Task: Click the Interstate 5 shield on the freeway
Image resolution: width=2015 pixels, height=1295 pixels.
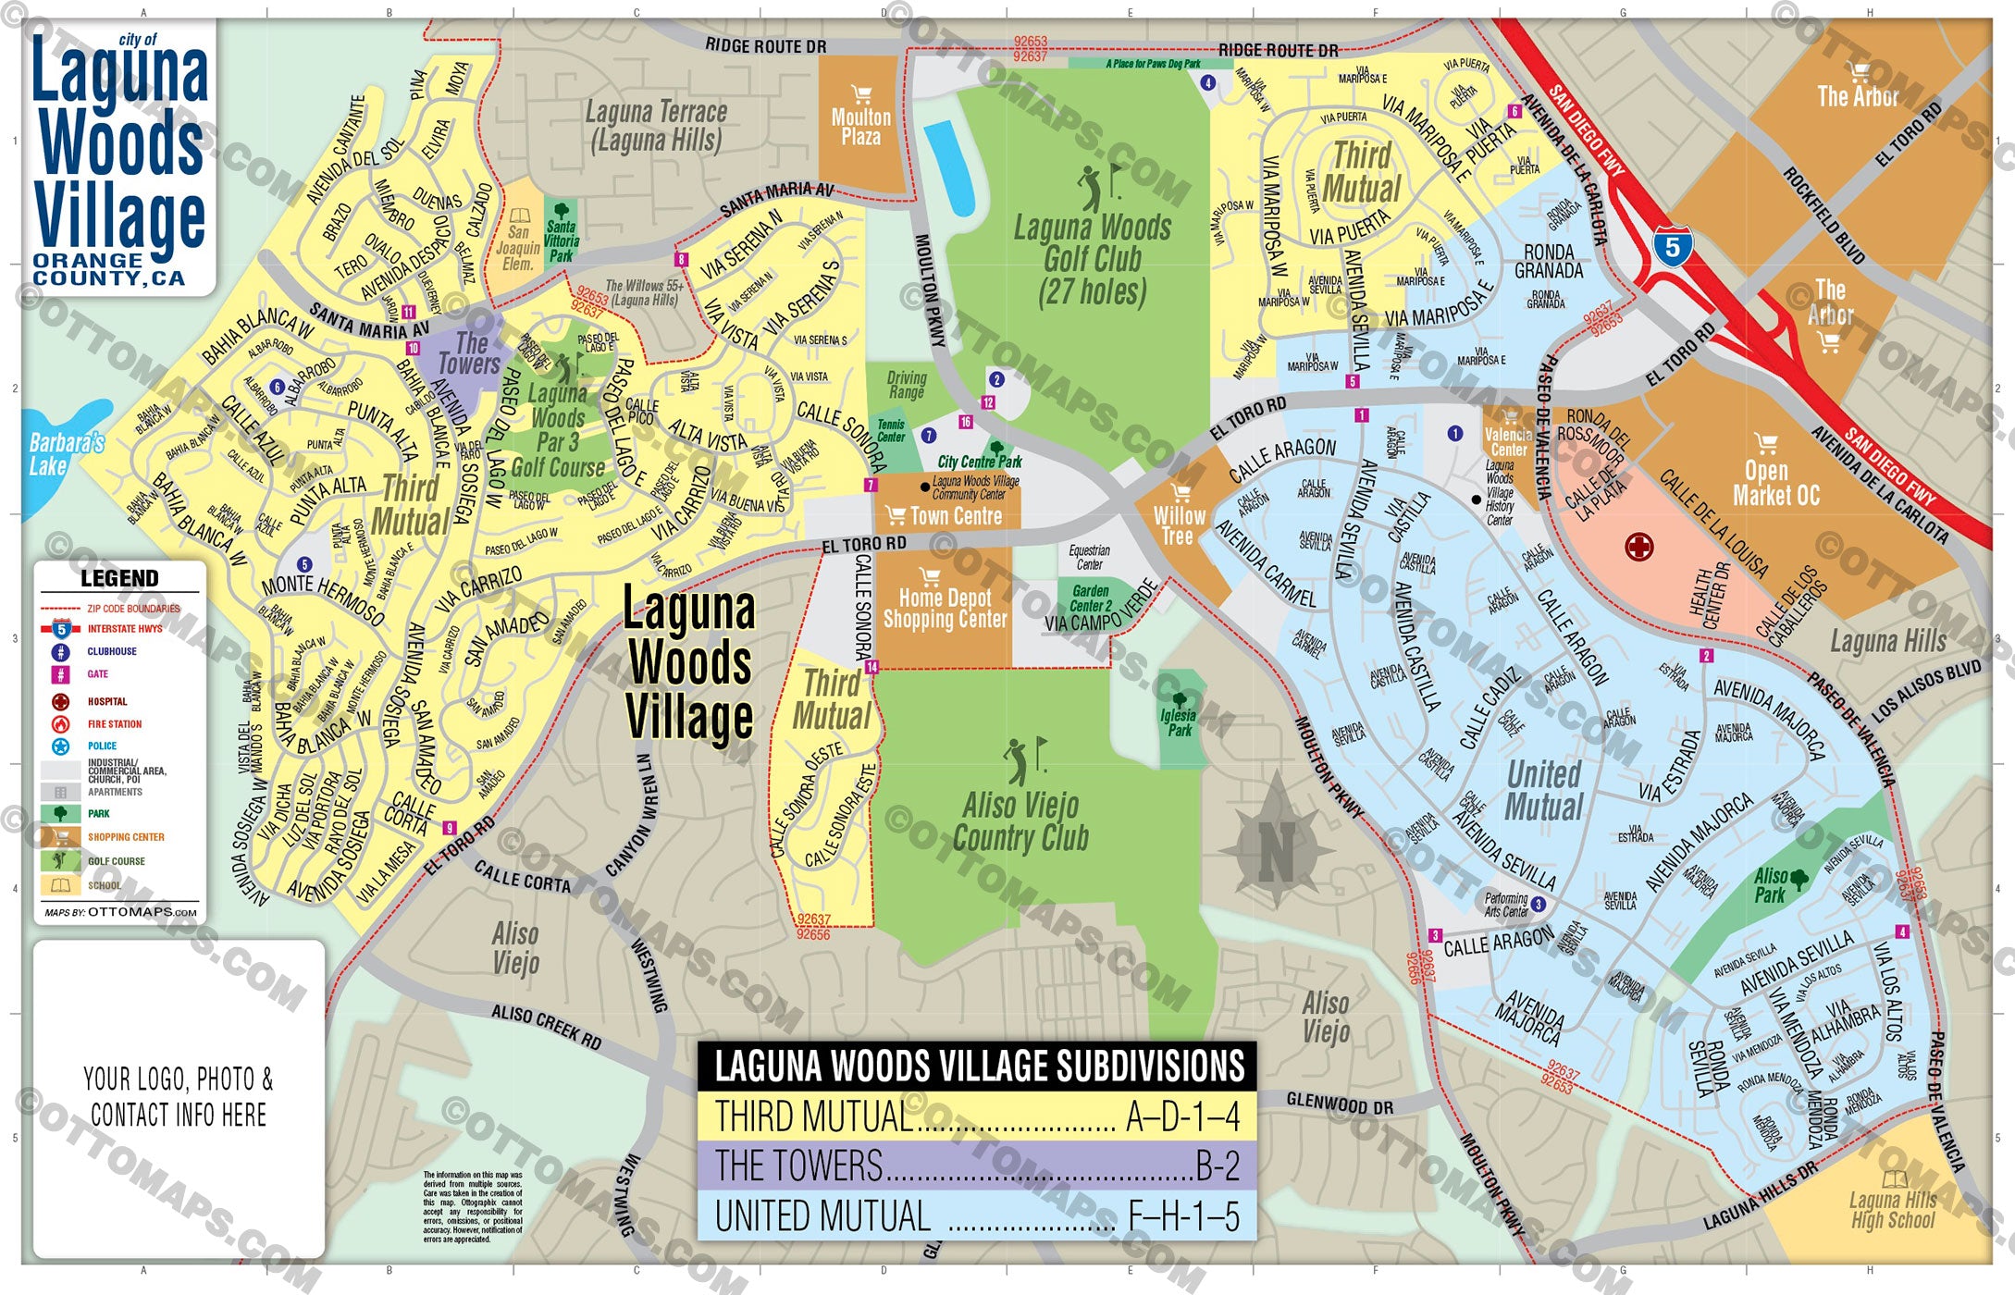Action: [1671, 246]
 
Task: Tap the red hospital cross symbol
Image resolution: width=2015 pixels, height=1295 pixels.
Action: [1638, 547]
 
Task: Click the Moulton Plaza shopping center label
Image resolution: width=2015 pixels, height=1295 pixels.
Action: [860, 126]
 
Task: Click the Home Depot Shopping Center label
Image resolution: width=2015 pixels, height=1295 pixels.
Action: [945, 609]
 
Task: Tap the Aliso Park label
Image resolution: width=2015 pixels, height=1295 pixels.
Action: [1771, 885]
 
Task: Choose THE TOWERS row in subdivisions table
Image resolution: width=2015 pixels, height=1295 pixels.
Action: [977, 1165]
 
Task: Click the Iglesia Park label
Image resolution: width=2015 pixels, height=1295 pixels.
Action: [1179, 722]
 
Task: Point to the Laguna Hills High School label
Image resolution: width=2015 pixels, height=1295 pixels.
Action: [1893, 1210]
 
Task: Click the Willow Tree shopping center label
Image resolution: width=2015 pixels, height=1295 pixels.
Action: [1179, 525]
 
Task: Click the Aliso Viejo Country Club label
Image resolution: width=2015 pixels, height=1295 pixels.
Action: [1020, 821]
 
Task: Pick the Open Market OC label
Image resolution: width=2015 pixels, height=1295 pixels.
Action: [1774, 483]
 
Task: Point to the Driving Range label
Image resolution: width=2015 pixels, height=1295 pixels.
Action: [907, 385]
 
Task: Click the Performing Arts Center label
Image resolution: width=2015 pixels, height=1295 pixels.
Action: [1506, 905]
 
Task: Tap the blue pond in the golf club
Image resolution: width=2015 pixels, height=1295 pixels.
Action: [949, 167]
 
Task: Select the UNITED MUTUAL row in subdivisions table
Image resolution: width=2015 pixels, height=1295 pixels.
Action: [977, 1215]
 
